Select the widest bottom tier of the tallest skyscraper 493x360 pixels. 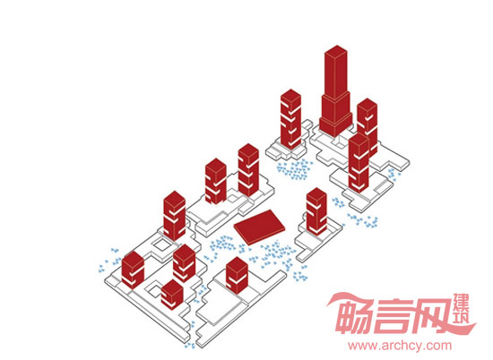[x=335, y=124]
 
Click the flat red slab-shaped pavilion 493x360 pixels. [x=259, y=227]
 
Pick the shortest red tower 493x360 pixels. [x=172, y=295]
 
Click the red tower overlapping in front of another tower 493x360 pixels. [x=359, y=163]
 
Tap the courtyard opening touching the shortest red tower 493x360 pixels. [x=154, y=288]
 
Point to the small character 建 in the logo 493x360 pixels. [x=462, y=301]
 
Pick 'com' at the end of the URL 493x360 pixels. [x=438, y=347]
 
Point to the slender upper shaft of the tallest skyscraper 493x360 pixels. [x=336, y=73]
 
